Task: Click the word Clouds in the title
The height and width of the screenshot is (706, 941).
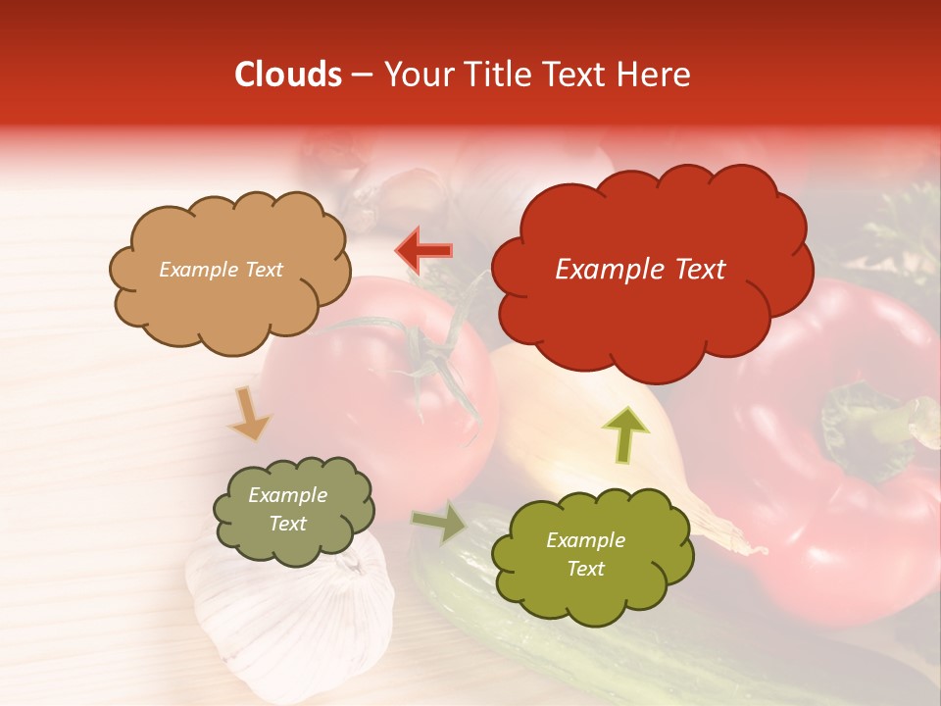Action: click(x=287, y=75)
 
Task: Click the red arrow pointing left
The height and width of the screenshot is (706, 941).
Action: click(x=423, y=250)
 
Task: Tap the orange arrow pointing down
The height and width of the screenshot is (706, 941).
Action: click(x=250, y=413)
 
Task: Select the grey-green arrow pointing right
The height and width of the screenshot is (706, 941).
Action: click(x=440, y=522)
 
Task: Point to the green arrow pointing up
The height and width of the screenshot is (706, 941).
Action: click(x=624, y=433)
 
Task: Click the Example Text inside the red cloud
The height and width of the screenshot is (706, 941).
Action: click(x=640, y=270)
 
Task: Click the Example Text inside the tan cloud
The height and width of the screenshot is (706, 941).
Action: click(x=221, y=270)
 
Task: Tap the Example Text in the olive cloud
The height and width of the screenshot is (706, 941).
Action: click(x=585, y=554)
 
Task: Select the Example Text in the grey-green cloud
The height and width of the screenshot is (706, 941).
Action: click(x=287, y=510)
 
